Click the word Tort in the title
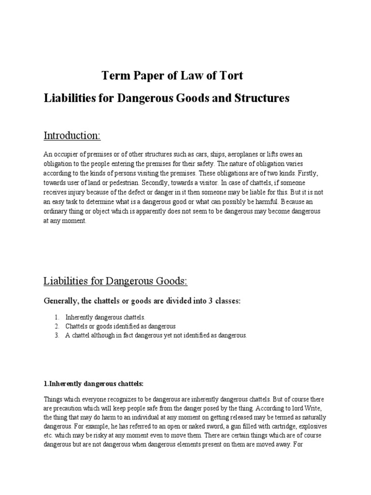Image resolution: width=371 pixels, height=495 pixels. point(228,75)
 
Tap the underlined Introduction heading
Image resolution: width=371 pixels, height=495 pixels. point(72,136)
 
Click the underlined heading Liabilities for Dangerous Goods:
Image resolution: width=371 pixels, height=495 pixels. point(115,281)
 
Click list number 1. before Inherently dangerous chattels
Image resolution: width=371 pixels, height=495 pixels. point(57,317)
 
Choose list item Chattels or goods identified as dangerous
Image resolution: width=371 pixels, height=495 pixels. point(121,326)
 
